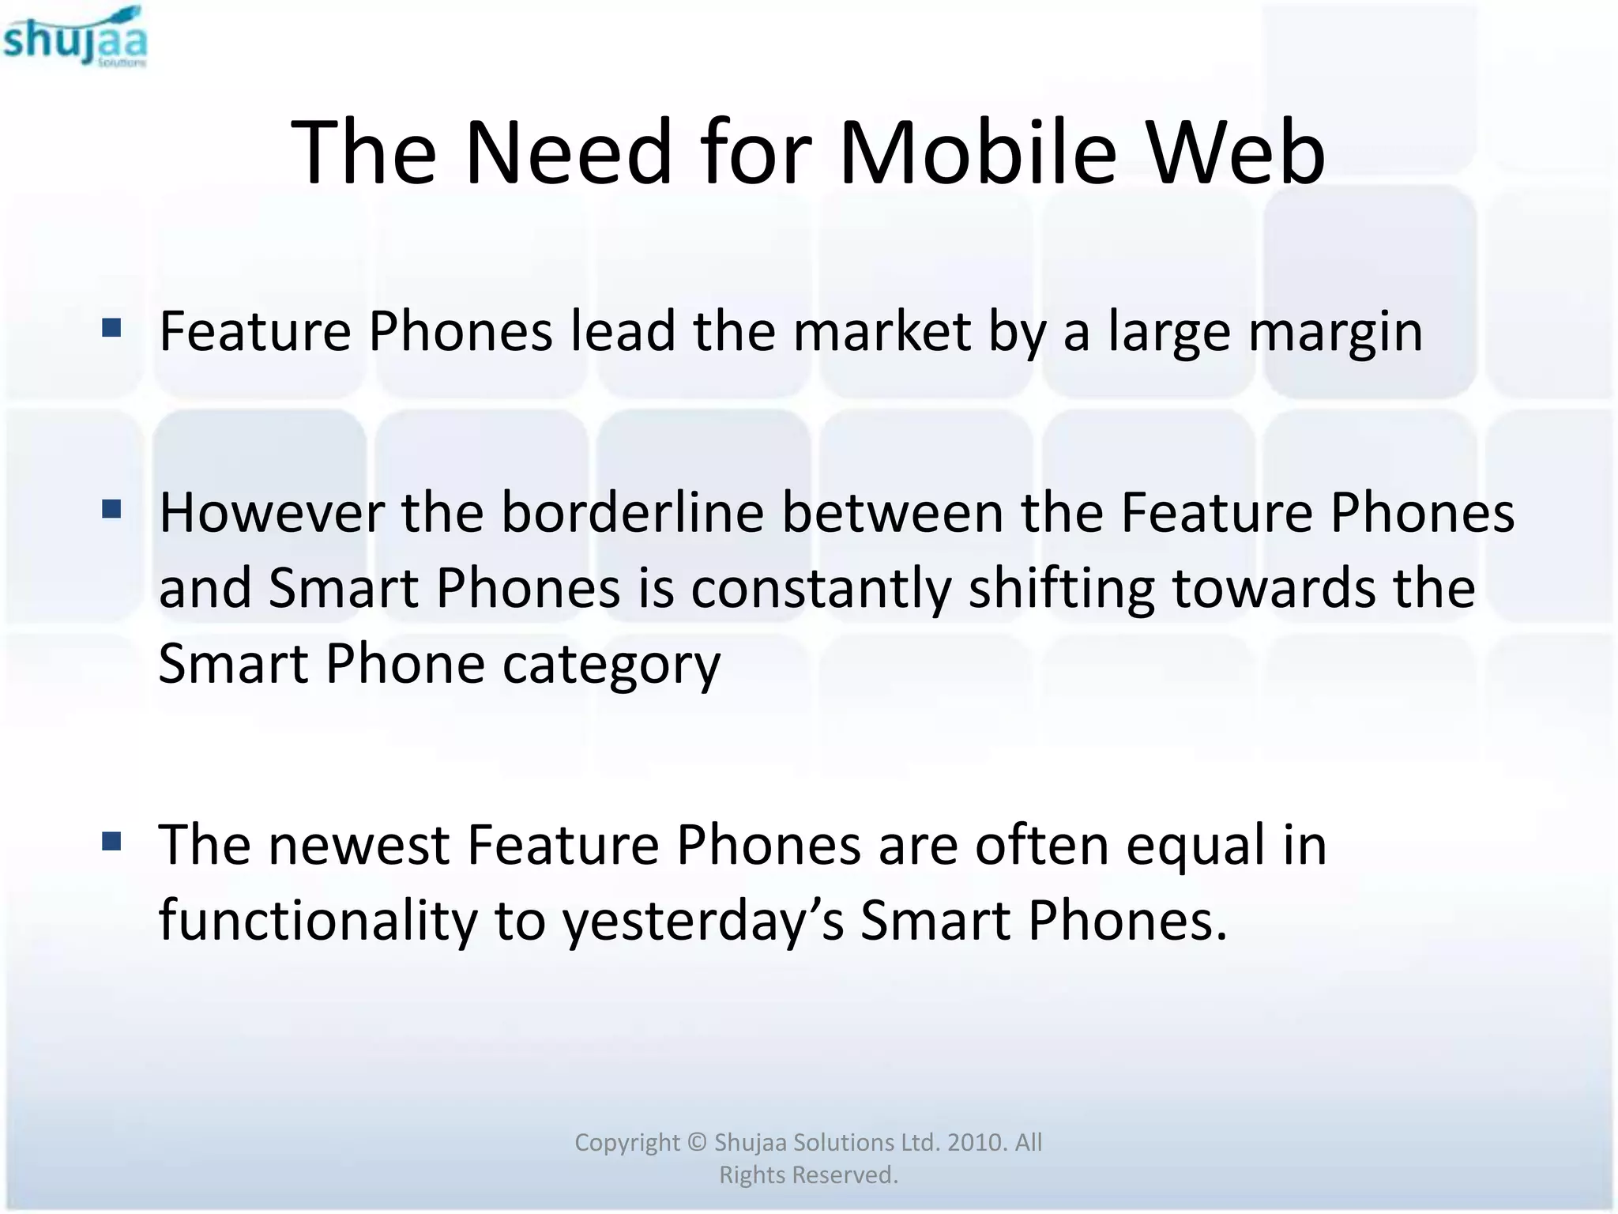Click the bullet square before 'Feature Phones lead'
tap(111, 327)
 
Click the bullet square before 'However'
tap(111, 509)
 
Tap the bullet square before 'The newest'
tap(111, 841)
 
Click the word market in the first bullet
tap(881, 331)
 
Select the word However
tap(272, 513)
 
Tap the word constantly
tap(821, 590)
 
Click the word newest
tap(359, 845)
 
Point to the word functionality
tap(318, 922)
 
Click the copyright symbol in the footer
tap(696, 1142)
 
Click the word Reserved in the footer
tap(845, 1175)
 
